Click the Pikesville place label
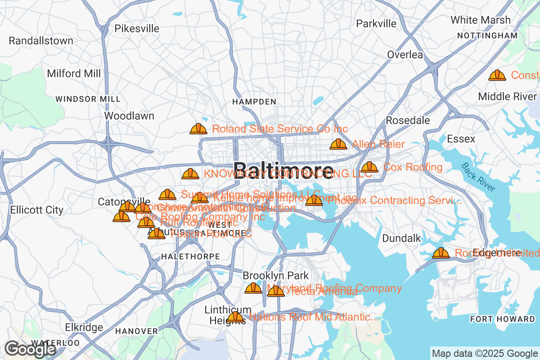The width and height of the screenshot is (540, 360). tap(137, 29)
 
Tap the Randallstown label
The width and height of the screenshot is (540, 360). tap(41, 41)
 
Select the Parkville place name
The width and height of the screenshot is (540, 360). tap(376, 23)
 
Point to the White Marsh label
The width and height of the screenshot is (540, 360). tap(481, 20)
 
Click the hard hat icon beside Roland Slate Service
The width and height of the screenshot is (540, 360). tap(198, 129)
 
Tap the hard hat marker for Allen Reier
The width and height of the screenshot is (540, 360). tap(338, 144)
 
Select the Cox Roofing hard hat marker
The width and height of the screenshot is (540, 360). tap(369, 167)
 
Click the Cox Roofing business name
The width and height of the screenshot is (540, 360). tap(413, 167)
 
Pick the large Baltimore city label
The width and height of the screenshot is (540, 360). tap(284, 171)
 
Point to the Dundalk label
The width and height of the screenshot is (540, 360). tap(401, 238)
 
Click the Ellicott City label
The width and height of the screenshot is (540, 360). tap(37, 210)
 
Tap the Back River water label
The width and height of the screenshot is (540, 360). tap(478, 177)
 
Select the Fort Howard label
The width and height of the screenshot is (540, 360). tap(502, 319)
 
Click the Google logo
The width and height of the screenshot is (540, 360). tap(31, 349)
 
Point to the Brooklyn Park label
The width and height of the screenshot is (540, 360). tap(276, 275)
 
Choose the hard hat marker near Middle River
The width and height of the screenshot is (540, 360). tap(497, 75)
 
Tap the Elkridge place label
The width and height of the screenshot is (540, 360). tap(84, 327)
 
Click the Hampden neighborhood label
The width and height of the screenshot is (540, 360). tap(254, 102)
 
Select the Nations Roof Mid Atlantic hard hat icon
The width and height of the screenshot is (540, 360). tap(235, 318)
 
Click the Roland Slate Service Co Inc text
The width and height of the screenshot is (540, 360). tap(280, 129)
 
